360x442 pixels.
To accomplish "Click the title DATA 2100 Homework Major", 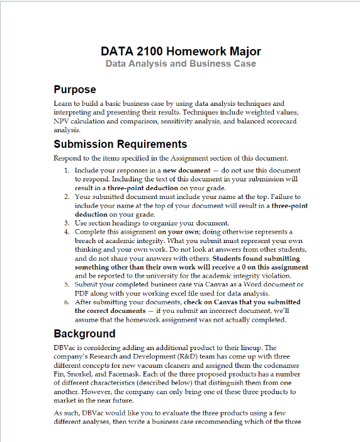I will tap(181, 51).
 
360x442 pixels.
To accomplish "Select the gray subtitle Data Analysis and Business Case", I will tap(181, 64).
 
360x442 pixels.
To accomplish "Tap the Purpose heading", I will tap(75, 89).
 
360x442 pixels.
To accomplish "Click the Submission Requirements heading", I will tap(120, 144).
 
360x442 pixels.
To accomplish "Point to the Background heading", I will tap(84, 334).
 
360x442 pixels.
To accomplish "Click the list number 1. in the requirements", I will tap(67, 171).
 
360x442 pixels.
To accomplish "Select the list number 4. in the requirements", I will tap(67, 232).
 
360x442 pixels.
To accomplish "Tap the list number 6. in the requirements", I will tap(67, 302).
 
